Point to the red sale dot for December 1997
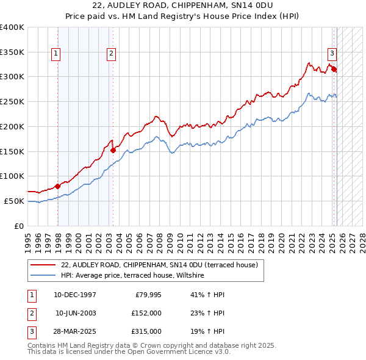click(57, 186)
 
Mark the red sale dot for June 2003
click(113, 150)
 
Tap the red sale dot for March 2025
click(334, 69)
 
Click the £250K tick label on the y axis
click(12, 101)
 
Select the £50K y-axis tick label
click(15, 201)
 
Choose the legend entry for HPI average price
click(135, 276)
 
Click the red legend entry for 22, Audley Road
click(159, 265)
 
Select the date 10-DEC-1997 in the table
click(75, 295)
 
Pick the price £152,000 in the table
click(146, 313)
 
